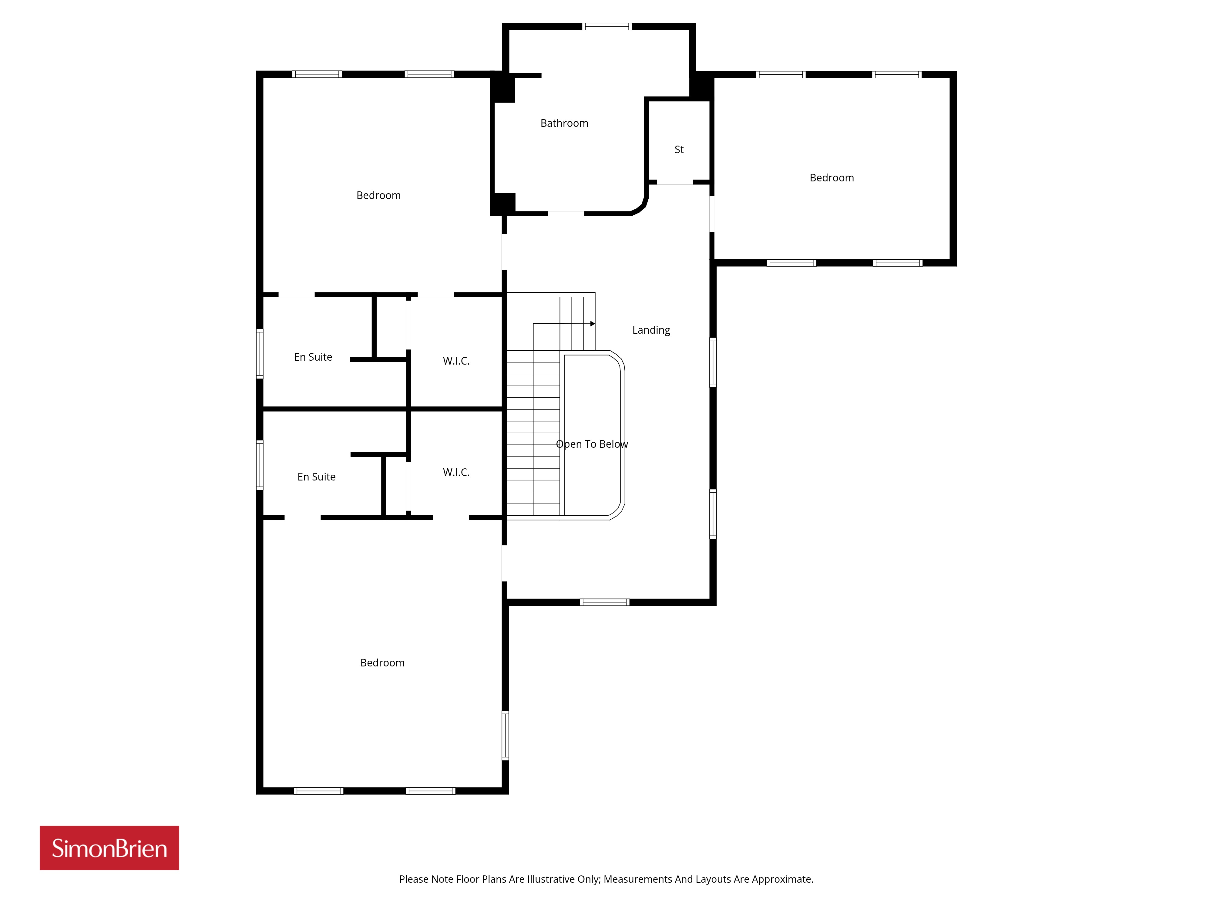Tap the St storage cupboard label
click(x=679, y=150)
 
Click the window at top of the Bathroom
click(x=606, y=26)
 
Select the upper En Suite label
click(x=313, y=357)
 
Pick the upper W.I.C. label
click(x=456, y=361)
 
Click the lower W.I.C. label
click(x=456, y=472)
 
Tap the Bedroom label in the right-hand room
click(x=832, y=178)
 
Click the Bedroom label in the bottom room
click(x=382, y=662)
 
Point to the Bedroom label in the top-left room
click(x=378, y=195)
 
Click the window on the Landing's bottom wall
click(x=604, y=602)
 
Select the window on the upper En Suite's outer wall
click(x=260, y=354)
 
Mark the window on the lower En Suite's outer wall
click(x=260, y=465)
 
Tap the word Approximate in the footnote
click(x=783, y=879)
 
